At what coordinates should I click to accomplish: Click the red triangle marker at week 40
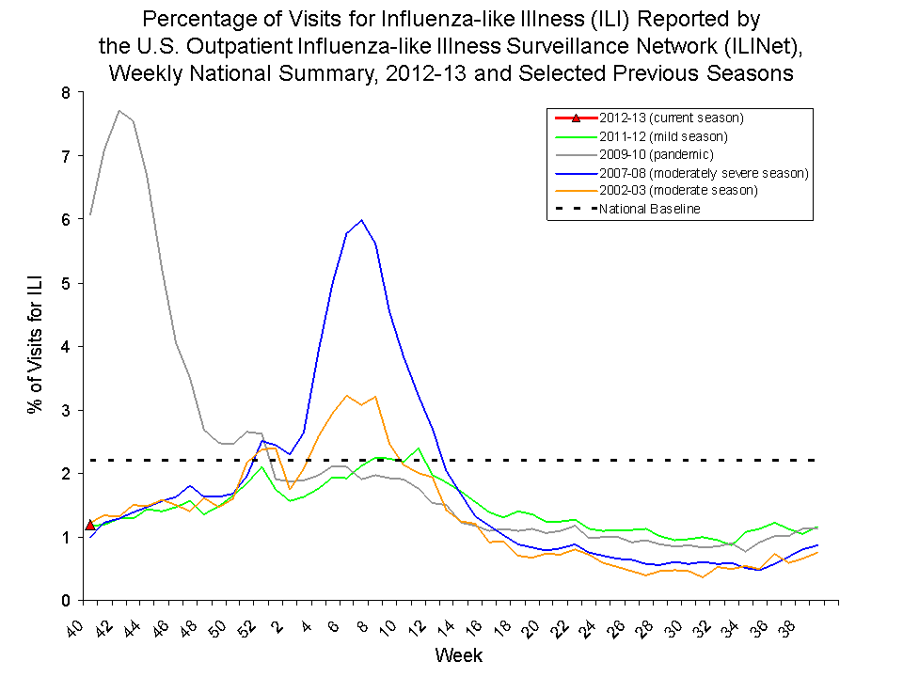[89, 525]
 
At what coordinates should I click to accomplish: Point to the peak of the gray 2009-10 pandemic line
[119, 111]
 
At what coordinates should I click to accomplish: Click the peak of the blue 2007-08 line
[361, 220]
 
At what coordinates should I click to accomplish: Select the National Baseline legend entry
[649, 209]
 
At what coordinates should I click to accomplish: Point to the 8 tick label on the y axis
[65, 92]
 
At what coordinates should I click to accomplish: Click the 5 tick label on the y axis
[65, 283]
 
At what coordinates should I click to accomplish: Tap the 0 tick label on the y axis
[65, 601]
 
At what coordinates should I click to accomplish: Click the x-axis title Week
[459, 653]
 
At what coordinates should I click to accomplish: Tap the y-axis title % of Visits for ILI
[35, 346]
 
